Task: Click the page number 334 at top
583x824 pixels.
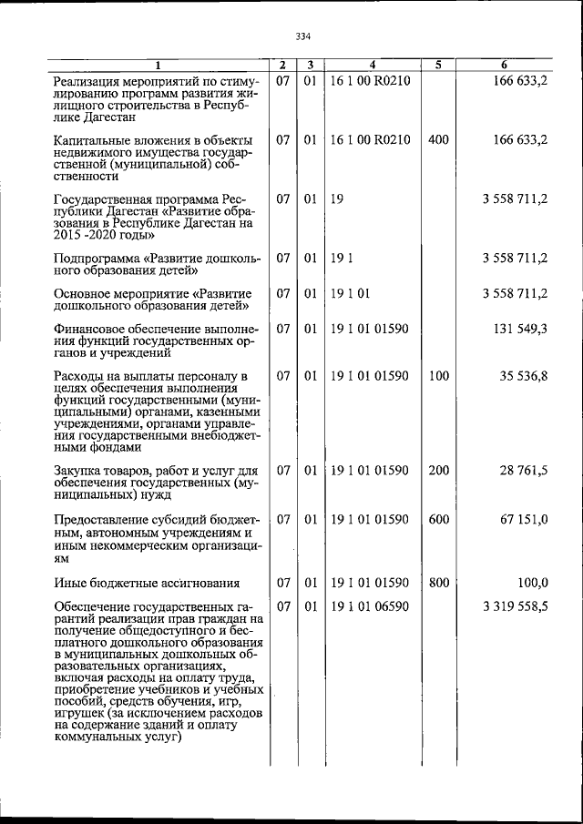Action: tap(303, 36)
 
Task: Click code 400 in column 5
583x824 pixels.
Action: tap(438, 140)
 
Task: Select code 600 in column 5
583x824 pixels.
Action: tap(438, 518)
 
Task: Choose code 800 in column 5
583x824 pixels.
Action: tap(438, 583)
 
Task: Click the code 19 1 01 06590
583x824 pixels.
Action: tap(371, 606)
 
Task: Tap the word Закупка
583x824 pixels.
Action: tap(79, 471)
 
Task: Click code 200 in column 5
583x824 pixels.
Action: tap(438, 471)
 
